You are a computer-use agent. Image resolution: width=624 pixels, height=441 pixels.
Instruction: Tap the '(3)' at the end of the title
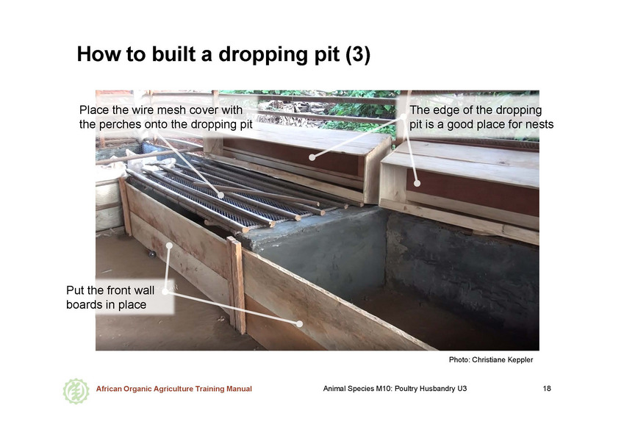pos(358,54)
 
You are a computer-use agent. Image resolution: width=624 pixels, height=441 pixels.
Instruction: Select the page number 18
pos(547,389)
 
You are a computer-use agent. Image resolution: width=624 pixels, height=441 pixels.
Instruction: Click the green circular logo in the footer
pos(76,391)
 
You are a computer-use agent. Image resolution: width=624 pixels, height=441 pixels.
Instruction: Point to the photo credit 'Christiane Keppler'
pos(502,360)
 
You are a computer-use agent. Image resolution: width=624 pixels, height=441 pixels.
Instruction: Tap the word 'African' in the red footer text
pos(109,389)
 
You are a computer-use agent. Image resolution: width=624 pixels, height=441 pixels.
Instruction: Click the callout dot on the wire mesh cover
pos(220,195)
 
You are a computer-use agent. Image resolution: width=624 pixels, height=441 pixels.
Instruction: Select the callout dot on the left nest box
pos(312,157)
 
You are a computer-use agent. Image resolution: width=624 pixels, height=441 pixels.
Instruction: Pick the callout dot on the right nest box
pos(417,183)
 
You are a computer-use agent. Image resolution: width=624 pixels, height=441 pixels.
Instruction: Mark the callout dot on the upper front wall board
pos(169,245)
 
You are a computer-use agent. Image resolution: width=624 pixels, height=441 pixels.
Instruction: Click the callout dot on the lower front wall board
pos(299,323)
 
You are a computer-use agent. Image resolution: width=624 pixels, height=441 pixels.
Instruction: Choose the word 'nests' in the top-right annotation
pos(539,124)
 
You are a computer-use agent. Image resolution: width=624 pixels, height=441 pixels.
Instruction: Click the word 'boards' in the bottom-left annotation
pos(83,304)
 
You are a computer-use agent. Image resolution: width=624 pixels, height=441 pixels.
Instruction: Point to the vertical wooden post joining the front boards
pos(237,285)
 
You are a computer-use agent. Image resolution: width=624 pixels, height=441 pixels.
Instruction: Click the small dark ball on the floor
pos(152,254)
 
